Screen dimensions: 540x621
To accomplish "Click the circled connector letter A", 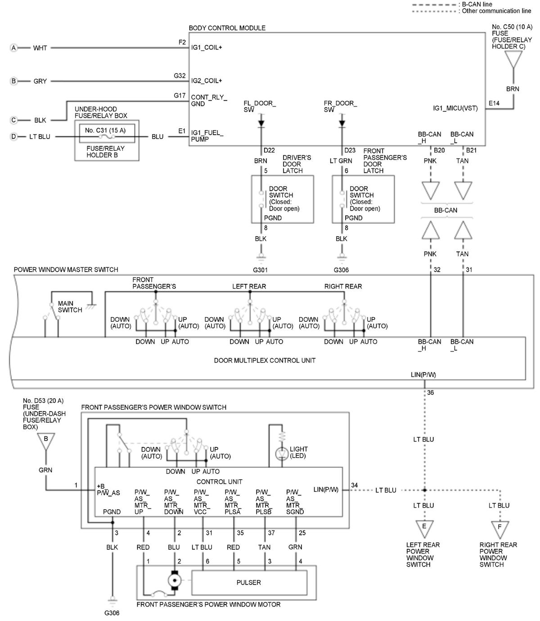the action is click(13, 48).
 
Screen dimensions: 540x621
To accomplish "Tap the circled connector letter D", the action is click(13, 137).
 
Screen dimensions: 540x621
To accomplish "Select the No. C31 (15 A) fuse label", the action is click(105, 130).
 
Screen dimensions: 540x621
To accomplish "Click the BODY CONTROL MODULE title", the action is click(227, 28).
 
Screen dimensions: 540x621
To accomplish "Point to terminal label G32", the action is click(180, 76).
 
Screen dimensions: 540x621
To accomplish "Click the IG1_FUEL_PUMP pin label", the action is click(207, 136).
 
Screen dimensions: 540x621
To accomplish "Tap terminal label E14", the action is click(494, 103).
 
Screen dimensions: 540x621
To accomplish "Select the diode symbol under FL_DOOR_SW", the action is click(261, 124).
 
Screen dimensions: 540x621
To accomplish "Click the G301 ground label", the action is click(260, 270).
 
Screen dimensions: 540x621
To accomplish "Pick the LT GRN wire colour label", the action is click(341, 161).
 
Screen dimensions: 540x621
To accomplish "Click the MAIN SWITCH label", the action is click(70, 306).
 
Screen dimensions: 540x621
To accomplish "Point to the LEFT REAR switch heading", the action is click(249, 286).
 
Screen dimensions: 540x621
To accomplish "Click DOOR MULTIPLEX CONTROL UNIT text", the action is click(265, 360).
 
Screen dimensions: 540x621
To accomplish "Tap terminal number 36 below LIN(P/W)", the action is click(430, 392).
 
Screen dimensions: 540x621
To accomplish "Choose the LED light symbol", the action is click(281, 454).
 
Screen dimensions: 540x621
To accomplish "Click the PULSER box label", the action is click(248, 582).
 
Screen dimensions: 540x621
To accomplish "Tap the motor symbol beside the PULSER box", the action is click(175, 580).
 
